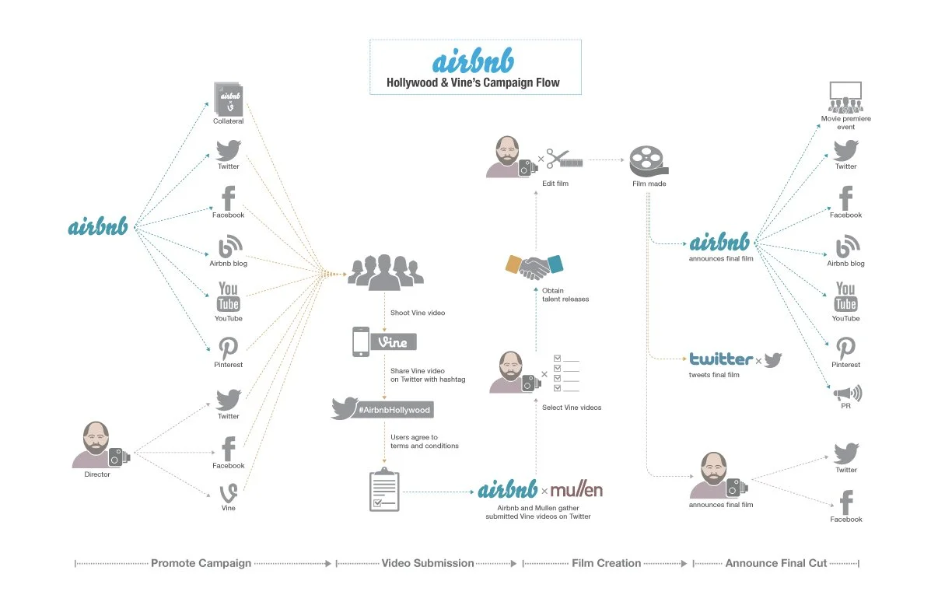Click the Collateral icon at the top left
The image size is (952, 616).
pyautogui.click(x=229, y=99)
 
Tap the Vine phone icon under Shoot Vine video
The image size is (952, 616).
pyautogui.click(x=361, y=341)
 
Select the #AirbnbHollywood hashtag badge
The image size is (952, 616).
pyautogui.click(x=381, y=409)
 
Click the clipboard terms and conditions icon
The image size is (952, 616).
pyautogui.click(x=384, y=491)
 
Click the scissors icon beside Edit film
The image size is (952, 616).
pyautogui.click(x=558, y=159)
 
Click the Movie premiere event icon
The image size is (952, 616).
pyautogui.click(x=845, y=97)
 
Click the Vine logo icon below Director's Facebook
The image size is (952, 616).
pyautogui.click(x=229, y=492)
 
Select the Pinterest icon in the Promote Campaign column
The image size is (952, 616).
pyautogui.click(x=229, y=348)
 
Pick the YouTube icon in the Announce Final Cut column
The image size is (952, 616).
pyautogui.click(x=845, y=296)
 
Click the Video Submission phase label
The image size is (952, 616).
pyautogui.click(x=427, y=563)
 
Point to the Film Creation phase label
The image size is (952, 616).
pyautogui.click(x=607, y=563)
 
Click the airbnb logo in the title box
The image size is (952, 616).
pyautogui.click(x=473, y=62)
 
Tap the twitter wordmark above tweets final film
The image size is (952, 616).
pyautogui.click(x=721, y=359)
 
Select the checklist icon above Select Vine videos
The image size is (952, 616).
pyautogui.click(x=566, y=373)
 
